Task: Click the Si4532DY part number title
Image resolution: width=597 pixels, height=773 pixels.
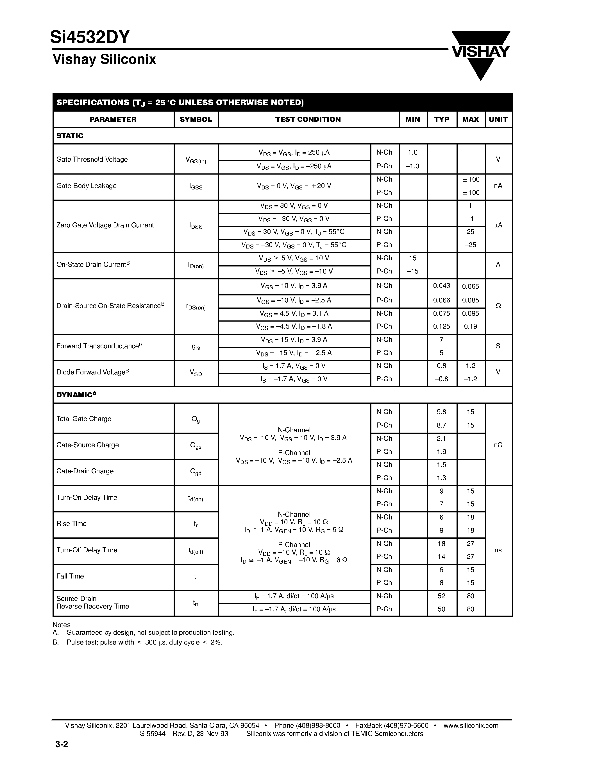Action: [x=90, y=37]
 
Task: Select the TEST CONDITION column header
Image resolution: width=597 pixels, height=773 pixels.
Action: [x=308, y=119]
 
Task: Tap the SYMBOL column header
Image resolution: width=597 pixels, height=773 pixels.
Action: [x=196, y=119]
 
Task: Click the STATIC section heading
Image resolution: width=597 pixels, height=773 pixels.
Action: [x=70, y=135]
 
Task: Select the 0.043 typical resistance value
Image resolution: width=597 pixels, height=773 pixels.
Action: [x=441, y=286]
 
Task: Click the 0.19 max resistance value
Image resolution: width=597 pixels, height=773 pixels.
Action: [x=470, y=326]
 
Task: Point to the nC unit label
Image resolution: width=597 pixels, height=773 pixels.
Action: [x=498, y=445]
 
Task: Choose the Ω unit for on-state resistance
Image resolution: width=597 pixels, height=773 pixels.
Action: [x=498, y=306]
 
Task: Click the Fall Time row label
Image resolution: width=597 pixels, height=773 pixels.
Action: [x=70, y=576]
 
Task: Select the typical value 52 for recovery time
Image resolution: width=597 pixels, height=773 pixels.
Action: [x=441, y=596]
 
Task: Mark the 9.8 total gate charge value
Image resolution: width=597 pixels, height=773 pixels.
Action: [x=441, y=412]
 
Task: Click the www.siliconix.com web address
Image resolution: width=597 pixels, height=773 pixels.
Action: [x=471, y=725]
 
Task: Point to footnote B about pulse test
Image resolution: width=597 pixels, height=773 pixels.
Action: [x=138, y=642]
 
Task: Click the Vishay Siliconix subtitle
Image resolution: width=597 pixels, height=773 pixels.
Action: [x=104, y=59]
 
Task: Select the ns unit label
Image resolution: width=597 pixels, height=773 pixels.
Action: [x=498, y=550]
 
